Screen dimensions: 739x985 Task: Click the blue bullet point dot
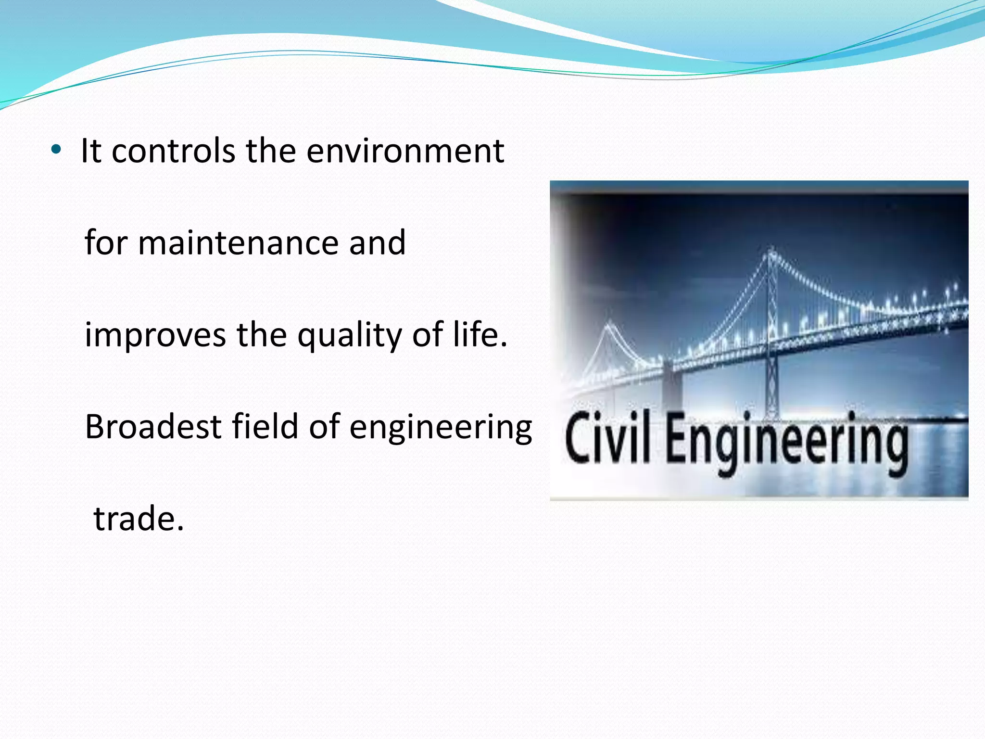(x=56, y=150)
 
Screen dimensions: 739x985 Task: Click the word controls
(x=174, y=151)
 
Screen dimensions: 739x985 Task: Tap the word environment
(x=405, y=151)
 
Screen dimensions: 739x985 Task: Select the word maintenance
(x=238, y=243)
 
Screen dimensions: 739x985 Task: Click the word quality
(x=349, y=336)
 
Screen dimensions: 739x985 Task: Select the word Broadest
(x=153, y=427)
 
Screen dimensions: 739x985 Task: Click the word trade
(x=139, y=519)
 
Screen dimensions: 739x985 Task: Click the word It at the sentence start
(x=91, y=151)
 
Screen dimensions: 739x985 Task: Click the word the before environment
(x=271, y=151)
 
